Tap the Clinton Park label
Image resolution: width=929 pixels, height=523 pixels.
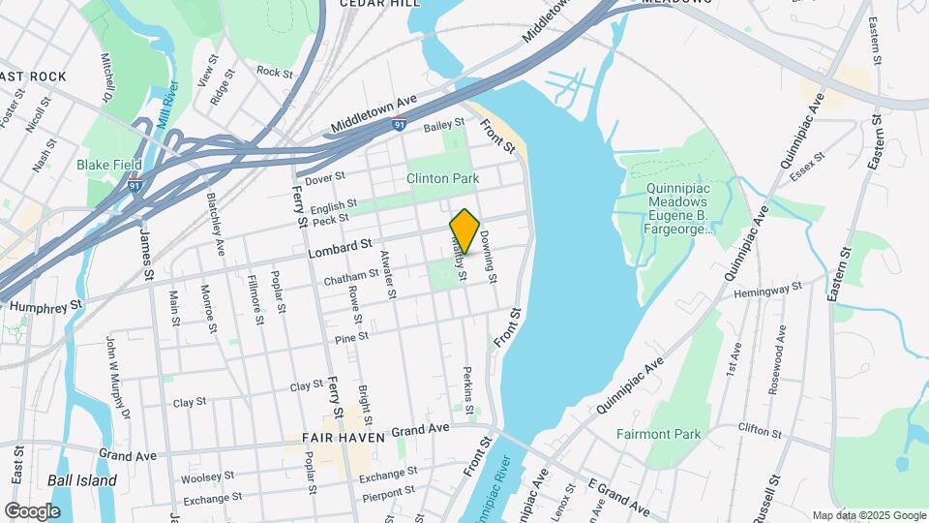(443, 179)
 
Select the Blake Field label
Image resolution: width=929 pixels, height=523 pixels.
(109, 165)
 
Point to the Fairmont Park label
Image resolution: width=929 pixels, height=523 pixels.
(658, 434)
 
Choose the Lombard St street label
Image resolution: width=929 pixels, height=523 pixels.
(340, 249)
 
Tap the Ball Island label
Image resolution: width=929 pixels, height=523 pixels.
(82, 480)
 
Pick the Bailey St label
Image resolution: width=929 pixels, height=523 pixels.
(444, 125)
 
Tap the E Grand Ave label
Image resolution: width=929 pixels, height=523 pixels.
(618, 497)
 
